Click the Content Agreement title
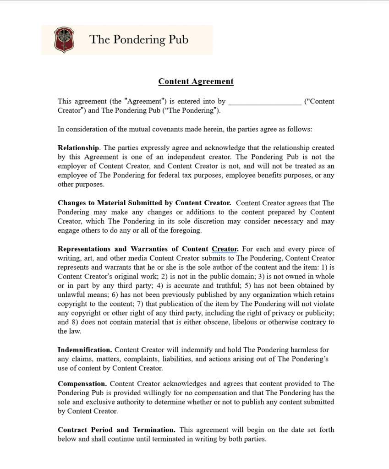click(x=196, y=82)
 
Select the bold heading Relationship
click(x=78, y=148)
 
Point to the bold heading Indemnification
click(x=85, y=350)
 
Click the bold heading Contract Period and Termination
click(x=116, y=430)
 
